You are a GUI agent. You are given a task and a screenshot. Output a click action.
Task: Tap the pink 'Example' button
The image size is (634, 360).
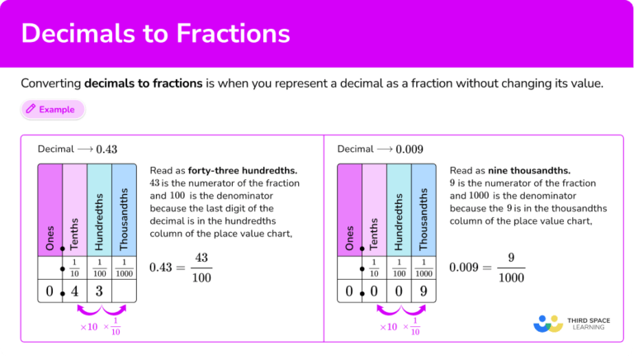(53, 108)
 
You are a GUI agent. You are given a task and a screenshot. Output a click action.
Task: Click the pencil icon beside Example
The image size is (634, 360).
(31, 108)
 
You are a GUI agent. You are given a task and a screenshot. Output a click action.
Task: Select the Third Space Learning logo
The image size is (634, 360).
(570, 322)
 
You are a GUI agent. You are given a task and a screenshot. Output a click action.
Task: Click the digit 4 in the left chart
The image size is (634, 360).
(74, 291)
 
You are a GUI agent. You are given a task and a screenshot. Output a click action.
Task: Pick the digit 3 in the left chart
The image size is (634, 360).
(99, 291)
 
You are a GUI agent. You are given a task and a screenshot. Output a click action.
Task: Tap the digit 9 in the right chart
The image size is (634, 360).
(423, 291)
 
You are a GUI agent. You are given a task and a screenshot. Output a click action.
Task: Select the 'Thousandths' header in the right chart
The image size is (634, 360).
(423, 219)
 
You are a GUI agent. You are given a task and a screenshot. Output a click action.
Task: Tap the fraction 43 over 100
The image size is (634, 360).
(201, 268)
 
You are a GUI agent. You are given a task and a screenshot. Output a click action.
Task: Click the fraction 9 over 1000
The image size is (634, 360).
(511, 268)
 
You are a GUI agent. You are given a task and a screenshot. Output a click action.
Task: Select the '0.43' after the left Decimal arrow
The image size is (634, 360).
(106, 149)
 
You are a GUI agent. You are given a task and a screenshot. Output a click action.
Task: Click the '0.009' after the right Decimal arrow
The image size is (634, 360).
(409, 149)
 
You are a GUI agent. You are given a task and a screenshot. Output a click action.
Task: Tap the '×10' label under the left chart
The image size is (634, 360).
(88, 327)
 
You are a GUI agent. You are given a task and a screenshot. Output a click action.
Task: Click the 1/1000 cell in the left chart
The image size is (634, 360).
(124, 268)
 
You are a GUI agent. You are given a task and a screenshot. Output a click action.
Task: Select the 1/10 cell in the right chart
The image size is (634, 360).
(374, 268)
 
